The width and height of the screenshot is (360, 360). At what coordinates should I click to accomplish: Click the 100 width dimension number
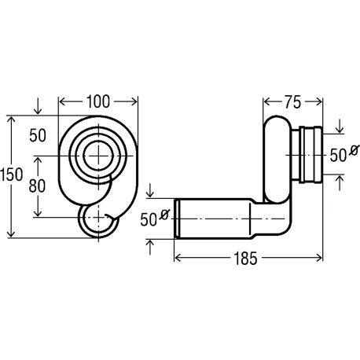pos(98,102)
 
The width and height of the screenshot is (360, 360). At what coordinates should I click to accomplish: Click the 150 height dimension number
pos(12,174)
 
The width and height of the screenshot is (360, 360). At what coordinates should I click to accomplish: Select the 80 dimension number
pos(37,186)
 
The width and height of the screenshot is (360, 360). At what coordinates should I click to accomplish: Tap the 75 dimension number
pos(293,102)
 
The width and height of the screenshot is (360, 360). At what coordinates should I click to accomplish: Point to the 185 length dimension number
pos(245,259)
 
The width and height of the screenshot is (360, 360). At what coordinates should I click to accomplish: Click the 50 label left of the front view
pos(38,135)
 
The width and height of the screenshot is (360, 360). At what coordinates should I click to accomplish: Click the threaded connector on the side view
pos(307,155)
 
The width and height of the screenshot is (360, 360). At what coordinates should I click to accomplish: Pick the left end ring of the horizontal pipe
pos(178,219)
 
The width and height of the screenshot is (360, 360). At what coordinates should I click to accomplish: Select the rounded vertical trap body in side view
pos(277,160)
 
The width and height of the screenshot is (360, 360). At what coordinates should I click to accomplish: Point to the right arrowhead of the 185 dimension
pos(319,258)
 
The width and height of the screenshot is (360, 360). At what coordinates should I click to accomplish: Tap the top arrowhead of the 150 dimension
pos(11,120)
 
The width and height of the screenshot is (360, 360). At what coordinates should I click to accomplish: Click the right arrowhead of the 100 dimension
pos(134,101)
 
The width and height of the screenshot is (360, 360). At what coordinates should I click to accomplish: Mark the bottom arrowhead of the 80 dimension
pos(38,213)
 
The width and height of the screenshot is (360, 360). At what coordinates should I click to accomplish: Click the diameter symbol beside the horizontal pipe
pos(164,215)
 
